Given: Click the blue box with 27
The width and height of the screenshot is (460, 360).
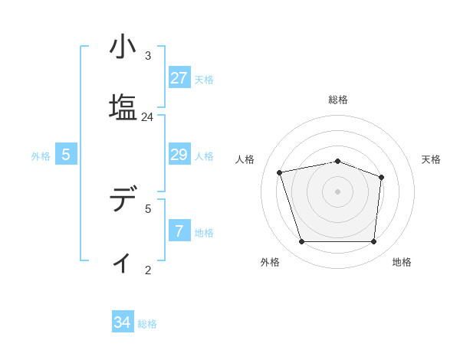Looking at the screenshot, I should (x=179, y=78).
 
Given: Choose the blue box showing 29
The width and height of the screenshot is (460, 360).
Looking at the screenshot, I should (x=179, y=155).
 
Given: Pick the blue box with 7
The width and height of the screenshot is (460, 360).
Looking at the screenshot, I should (x=179, y=231).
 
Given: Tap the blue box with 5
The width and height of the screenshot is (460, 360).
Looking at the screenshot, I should (x=66, y=155).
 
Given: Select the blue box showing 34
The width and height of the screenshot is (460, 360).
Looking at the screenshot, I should (x=123, y=322).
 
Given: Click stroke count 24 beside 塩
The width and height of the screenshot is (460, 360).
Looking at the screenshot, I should (x=148, y=117).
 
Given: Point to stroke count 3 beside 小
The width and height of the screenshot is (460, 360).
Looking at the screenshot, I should (x=148, y=56).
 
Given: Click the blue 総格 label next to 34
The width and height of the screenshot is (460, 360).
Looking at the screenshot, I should (x=147, y=324).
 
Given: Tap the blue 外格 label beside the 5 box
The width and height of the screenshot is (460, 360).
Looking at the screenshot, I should (x=41, y=156).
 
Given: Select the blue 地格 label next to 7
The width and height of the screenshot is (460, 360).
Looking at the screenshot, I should (x=204, y=233).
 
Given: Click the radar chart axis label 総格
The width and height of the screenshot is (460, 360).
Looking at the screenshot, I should (x=338, y=100).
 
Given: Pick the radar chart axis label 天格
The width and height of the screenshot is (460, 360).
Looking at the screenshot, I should (x=432, y=159).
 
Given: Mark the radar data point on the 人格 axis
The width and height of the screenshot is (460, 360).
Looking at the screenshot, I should (x=281, y=172).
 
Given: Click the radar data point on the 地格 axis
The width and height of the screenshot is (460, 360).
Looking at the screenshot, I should (x=373, y=242).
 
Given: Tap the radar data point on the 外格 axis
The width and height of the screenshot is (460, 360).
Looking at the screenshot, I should (x=301, y=242).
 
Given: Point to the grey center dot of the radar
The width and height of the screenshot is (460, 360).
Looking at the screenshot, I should (x=338, y=191).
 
